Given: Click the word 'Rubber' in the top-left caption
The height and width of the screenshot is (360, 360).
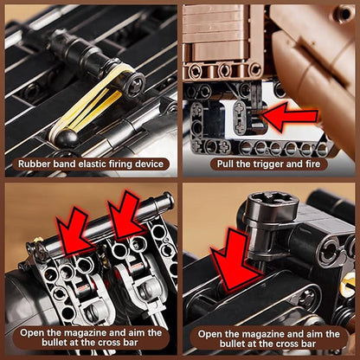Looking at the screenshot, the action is click(x=35, y=164).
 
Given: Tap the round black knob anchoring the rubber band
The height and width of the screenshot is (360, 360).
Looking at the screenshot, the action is click(x=67, y=138).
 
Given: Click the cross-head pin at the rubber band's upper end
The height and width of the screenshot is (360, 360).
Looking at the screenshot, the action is click(x=135, y=84).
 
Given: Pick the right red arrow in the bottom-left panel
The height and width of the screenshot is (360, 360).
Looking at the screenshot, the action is click(x=127, y=215).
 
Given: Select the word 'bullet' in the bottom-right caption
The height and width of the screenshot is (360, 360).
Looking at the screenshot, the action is click(x=233, y=344).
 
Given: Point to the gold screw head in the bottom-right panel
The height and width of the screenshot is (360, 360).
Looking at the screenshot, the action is click(x=348, y=283).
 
